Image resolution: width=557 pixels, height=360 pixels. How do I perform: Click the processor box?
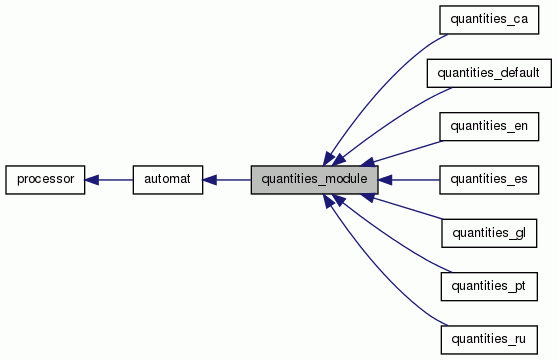(45, 180)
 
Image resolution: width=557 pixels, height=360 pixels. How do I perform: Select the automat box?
(168, 180)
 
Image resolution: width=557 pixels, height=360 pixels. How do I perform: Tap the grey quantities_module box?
(314, 180)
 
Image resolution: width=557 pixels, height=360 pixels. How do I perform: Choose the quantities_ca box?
(489, 19)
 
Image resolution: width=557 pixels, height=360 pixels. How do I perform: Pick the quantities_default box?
(489, 73)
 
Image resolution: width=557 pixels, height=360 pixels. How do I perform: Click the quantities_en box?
(489, 126)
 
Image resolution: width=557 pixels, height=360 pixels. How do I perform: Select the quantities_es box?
(489, 180)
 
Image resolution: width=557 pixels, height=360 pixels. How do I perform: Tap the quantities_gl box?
(489, 234)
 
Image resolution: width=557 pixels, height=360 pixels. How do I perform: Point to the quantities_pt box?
(489, 287)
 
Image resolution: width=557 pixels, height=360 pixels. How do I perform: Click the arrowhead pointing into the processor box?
(92, 180)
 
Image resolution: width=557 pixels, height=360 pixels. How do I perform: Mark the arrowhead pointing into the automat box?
(210, 180)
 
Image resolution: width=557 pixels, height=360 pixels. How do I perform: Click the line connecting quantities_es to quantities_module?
(415, 180)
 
